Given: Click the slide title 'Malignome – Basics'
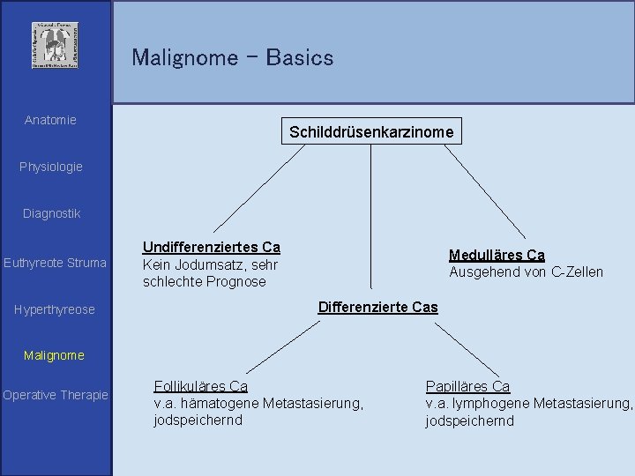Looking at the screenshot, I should point(233,58).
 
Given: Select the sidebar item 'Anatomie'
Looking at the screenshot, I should point(50,120).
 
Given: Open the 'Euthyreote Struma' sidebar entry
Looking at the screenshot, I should point(55,263).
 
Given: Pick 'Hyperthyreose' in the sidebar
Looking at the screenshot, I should point(55,309).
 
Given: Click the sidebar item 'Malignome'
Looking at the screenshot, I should point(55,355).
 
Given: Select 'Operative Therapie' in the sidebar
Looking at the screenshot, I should point(56,395).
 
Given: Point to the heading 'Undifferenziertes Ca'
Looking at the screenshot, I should point(212,249).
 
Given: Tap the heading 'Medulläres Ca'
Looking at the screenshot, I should point(497,255).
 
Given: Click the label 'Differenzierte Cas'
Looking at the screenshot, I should point(377,307).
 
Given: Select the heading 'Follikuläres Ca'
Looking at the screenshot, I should point(201,386).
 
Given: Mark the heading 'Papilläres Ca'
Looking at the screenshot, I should point(467,386).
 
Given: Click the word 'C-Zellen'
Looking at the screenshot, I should point(578,271).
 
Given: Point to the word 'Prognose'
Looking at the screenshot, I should point(235,282).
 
